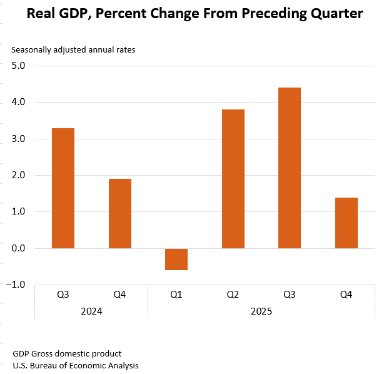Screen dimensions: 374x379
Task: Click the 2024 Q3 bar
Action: pyautogui.click(x=63, y=188)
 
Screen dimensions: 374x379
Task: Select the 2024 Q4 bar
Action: pyautogui.click(x=119, y=213)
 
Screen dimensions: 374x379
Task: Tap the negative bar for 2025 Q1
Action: pyautogui.click(x=176, y=259)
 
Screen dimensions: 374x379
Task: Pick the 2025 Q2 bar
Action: pyautogui.click(x=233, y=179)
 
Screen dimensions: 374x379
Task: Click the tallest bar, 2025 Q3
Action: pyautogui.click(x=290, y=168)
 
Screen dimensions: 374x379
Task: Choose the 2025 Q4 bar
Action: pyautogui.click(x=346, y=223)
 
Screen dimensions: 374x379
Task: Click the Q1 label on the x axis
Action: pyautogui.click(x=176, y=294)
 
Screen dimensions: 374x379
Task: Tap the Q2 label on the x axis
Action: pyautogui.click(x=233, y=294)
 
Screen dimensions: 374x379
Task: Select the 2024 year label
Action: pyautogui.click(x=91, y=311)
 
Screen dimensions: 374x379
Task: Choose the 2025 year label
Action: pyautogui.click(x=261, y=311)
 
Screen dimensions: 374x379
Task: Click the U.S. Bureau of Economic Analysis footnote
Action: pyautogui.click(x=76, y=365)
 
